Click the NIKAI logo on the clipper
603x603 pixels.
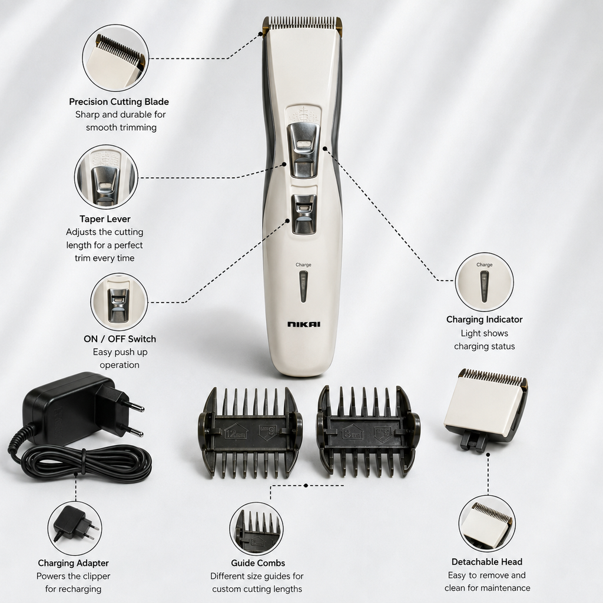click(x=303, y=324)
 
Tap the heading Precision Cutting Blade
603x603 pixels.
click(x=119, y=102)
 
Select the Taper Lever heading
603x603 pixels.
click(x=105, y=219)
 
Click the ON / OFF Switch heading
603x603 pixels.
click(x=120, y=339)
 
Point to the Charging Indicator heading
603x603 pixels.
click(x=484, y=320)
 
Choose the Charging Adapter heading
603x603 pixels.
click(x=73, y=563)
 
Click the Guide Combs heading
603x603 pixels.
click(x=258, y=563)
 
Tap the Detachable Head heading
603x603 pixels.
click(x=487, y=562)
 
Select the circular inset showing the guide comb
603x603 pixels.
click(x=257, y=529)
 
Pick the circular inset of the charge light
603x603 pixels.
click(x=484, y=282)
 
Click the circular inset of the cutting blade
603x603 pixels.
click(x=116, y=58)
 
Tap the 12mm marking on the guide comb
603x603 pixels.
click(x=236, y=434)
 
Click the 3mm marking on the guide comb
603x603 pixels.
click(x=352, y=434)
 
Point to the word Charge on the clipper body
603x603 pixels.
click(x=303, y=264)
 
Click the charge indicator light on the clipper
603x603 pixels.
click(x=303, y=287)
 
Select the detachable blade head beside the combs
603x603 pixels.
click(x=486, y=410)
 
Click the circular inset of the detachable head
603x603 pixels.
click(x=487, y=524)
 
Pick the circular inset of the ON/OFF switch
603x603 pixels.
click(x=119, y=302)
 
